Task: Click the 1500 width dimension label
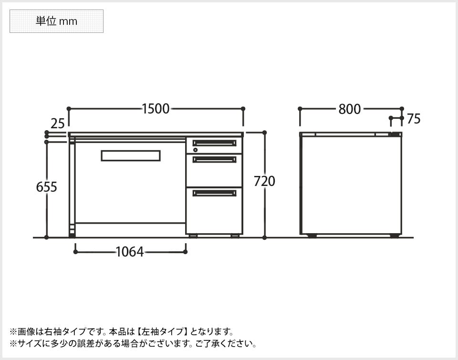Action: click(x=156, y=109)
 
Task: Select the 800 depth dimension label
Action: click(x=350, y=109)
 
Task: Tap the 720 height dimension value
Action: click(x=264, y=181)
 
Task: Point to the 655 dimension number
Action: click(x=47, y=187)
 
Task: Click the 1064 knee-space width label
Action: click(x=130, y=252)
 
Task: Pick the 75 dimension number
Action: click(x=414, y=119)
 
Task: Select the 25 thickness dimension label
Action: click(x=57, y=124)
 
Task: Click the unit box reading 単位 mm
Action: click(x=56, y=21)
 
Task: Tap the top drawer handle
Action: click(x=214, y=143)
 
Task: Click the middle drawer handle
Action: click(x=214, y=159)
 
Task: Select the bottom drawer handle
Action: click(x=214, y=193)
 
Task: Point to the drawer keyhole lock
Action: click(x=195, y=150)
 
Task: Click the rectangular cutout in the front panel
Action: click(x=130, y=156)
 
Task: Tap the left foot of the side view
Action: click(x=312, y=236)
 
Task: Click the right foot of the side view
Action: click(x=395, y=236)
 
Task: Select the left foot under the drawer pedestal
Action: click(x=193, y=236)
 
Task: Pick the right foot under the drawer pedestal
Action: click(x=235, y=236)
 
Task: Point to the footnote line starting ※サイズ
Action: click(x=134, y=343)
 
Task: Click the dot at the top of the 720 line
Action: click(x=265, y=133)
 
